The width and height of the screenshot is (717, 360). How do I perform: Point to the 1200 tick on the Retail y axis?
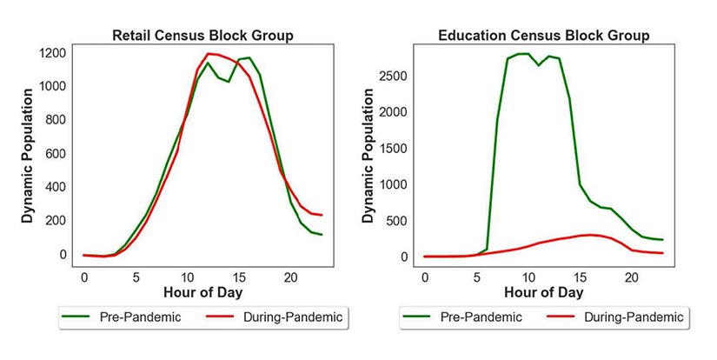[x=54, y=53]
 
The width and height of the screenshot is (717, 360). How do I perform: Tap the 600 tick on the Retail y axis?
[x=57, y=154]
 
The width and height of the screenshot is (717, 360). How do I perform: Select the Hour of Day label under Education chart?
[x=543, y=293]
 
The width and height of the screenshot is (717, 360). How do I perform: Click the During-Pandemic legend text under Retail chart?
[x=290, y=317]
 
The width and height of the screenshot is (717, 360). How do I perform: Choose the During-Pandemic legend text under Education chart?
[x=631, y=317]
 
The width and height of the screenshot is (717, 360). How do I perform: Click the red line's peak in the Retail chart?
[x=208, y=54]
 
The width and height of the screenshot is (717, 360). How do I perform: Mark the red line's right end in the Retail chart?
[x=321, y=215]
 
